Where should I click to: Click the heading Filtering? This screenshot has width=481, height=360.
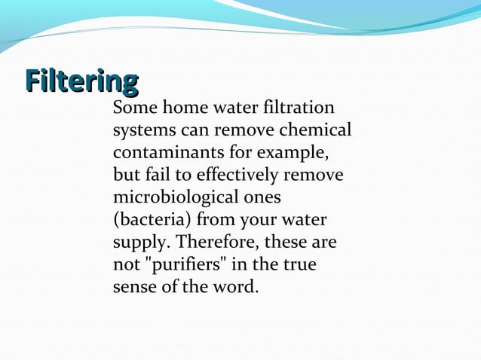coord(81,80)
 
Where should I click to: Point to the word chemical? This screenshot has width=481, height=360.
coord(320,130)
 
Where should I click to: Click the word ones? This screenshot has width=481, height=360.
coord(262,198)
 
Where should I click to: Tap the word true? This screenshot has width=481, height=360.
coord(301,266)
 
